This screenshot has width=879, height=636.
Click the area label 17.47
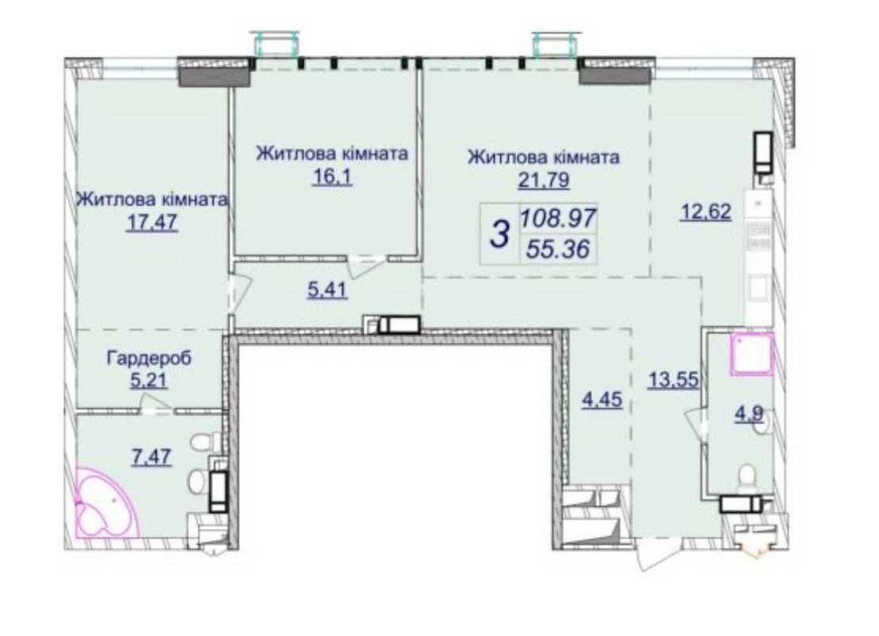click(x=152, y=223)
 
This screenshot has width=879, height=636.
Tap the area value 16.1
click(x=332, y=177)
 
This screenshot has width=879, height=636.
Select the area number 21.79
click(x=543, y=180)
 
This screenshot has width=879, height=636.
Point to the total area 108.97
click(x=558, y=217)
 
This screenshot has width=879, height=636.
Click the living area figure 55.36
click(x=558, y=249)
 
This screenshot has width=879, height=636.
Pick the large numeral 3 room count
click(x=500, y=233)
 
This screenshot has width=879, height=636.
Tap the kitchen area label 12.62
click(x=706, y=213)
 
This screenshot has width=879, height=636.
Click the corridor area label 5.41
click(x=327, y=290)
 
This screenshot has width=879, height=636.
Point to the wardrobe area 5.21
click(x=149, y=381)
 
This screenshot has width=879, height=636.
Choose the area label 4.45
click(x=602, y=400)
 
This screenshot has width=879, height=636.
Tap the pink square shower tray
click(x=752, y=354)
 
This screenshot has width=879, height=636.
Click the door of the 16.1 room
click(x=366, y=265)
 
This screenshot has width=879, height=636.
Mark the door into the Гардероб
click(x=156, y=404)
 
